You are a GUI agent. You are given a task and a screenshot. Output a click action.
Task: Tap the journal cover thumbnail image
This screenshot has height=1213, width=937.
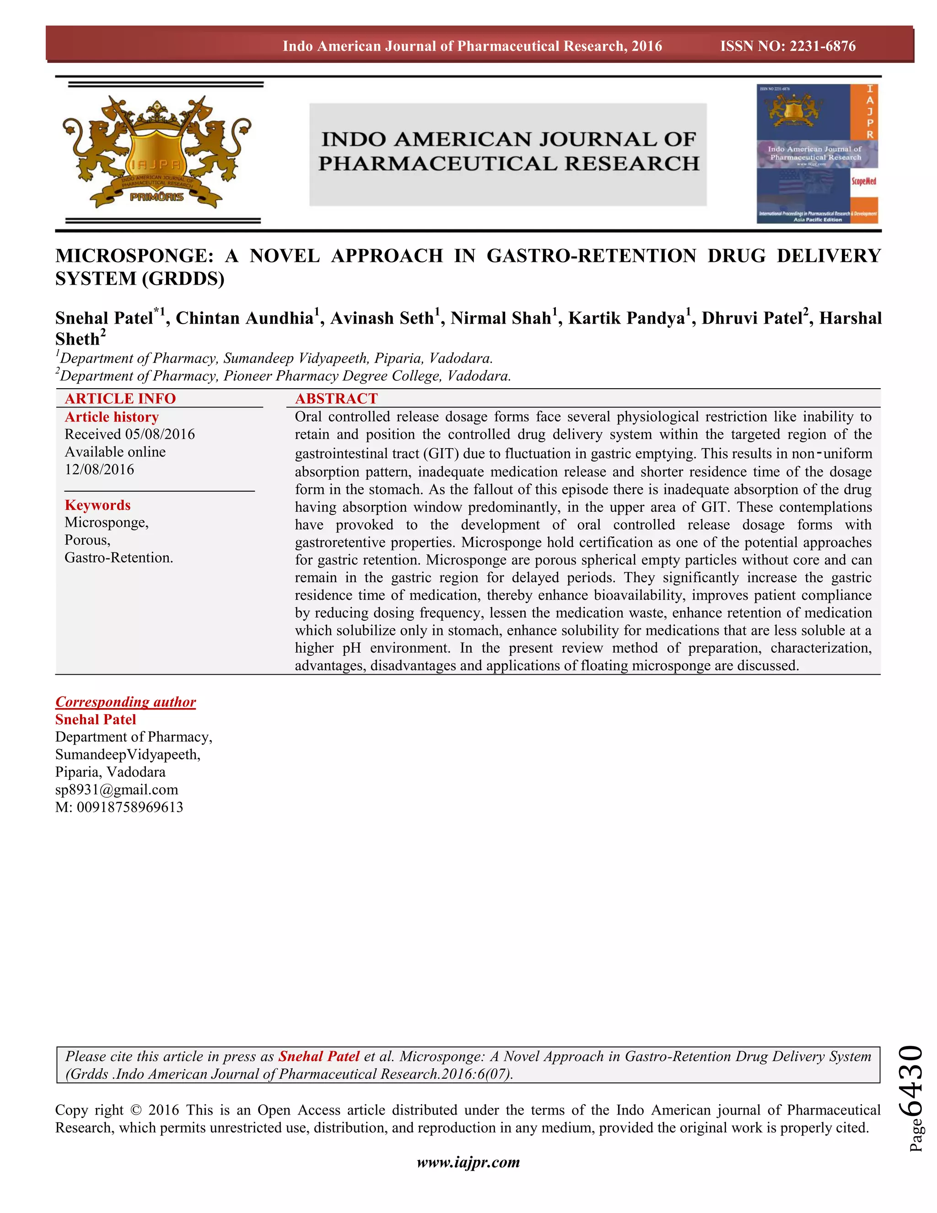point(817,154)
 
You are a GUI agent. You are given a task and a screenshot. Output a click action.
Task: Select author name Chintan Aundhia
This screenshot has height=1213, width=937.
point(245,318)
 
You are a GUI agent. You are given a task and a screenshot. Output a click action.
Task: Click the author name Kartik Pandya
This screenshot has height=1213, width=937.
point(626,318)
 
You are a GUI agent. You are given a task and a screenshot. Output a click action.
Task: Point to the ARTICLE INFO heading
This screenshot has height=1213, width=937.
point(120,399)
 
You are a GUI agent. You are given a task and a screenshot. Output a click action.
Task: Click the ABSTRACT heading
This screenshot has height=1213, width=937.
point(336,399)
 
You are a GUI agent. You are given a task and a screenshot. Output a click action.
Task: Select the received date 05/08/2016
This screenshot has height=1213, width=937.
point(160,434)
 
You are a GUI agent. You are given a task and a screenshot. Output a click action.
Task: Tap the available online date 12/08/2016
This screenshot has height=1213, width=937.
point(99,470)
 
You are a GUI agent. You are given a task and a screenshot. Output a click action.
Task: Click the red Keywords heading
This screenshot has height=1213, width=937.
point(98,505)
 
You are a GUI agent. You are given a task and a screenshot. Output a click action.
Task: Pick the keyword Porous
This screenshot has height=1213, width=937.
point(87,541)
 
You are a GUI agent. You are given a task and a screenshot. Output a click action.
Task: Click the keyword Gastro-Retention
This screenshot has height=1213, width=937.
point(119,558)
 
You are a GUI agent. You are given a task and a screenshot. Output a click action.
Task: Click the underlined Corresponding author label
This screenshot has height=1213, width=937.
point(125,702)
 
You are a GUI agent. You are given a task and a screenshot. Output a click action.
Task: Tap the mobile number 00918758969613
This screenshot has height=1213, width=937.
point(130,807)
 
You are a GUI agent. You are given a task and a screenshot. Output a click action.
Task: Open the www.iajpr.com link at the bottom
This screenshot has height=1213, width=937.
point(468,1163)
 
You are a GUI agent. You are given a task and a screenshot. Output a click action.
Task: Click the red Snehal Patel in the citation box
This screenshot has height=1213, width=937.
point(318,1056)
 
